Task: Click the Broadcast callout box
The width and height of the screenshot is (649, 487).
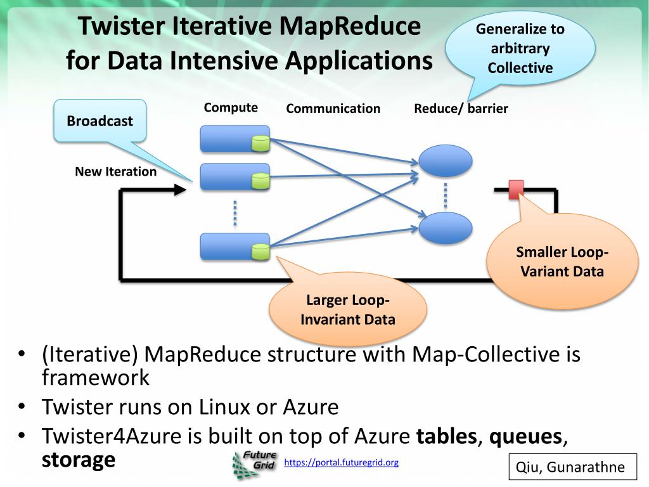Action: tap(100, 120)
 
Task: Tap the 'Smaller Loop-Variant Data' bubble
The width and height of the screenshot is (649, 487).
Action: tap(562, 261)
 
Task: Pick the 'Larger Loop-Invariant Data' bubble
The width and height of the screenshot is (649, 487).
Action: tap(348, 309)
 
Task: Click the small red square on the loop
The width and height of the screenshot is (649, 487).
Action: tap(516, 189)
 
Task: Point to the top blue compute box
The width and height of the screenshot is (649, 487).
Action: tap(235, 139)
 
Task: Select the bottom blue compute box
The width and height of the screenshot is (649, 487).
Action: tap(235, 247)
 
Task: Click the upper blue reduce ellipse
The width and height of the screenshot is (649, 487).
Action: tap(446, 160)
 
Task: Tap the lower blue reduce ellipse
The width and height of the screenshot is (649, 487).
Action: tap(446, 228)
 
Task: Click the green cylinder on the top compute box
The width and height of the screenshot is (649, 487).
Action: tap(260, 143)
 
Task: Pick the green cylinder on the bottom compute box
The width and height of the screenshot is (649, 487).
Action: tap(260, 251)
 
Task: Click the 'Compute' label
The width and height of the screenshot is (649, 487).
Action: tap(231, 108)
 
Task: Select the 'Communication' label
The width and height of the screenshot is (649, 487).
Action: tap(333, 108)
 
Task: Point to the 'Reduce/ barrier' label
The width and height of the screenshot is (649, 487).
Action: tap(461, 108)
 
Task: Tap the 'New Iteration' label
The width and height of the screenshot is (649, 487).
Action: tap(116, 171)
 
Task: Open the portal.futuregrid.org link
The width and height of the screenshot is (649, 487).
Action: tap(341, 462)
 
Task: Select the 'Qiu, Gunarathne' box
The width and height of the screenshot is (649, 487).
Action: tap(572, 467)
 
